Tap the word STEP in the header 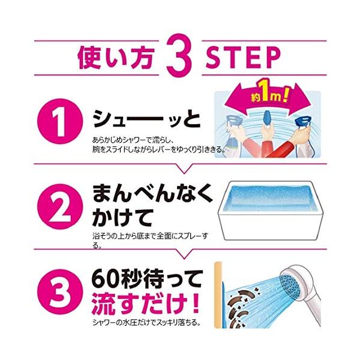[243, 58]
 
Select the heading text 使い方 [116, 58]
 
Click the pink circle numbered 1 [59, 121]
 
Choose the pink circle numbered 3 [59, 292]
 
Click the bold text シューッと [146, 119]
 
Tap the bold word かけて [122, 217]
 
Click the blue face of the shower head [290, 284]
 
